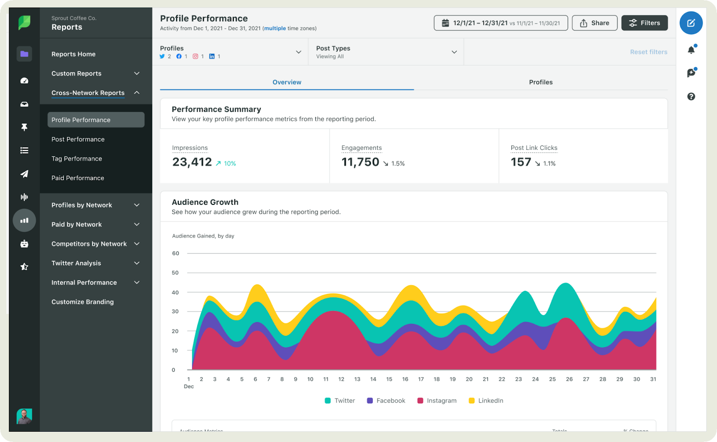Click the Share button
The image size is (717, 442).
tap(594, 23)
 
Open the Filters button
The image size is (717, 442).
tap(644, 23)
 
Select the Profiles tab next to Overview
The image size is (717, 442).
tap(540, 82)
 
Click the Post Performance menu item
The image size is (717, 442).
tap(78, 139)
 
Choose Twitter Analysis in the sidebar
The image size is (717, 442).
tap(76, 263)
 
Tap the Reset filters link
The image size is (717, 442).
tap(648, 52)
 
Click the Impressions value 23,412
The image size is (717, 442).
tap(192, 162)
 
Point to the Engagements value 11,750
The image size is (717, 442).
tap(360, 162)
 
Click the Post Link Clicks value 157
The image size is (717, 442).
tap(521, 162)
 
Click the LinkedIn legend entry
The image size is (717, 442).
tap(486, 401)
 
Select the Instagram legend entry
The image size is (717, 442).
tap(437, 401)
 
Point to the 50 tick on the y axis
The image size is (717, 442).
tap(175, 273)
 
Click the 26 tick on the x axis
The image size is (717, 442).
tap(569, 379)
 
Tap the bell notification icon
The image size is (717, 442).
tap(691, 50)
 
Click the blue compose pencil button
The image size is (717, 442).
tap(691, 23)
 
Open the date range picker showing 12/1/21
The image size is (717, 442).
tap(501, 23)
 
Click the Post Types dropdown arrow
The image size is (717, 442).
tap(454, 52)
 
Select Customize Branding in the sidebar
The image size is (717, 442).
tap(82, 302)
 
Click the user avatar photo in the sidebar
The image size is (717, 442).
tap(24, 416)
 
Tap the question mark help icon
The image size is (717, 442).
tap(691, 97)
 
